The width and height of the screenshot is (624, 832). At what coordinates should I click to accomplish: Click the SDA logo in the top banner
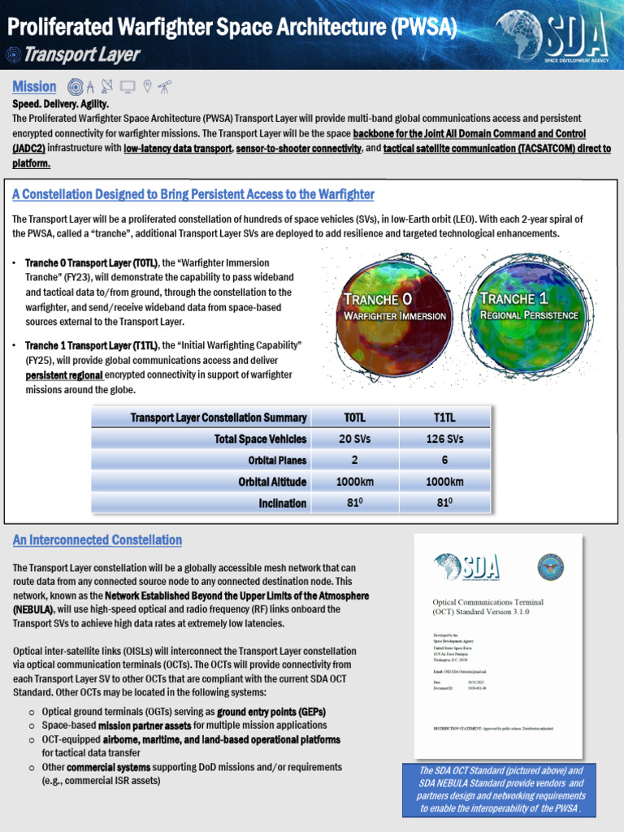coord(552,35)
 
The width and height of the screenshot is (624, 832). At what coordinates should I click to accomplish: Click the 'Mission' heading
coord(34,86)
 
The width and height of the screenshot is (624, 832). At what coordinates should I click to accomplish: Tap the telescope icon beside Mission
coord(165,86)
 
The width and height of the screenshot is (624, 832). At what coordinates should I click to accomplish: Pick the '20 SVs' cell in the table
coord(355,439)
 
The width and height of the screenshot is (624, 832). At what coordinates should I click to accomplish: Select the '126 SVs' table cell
coord(444,439)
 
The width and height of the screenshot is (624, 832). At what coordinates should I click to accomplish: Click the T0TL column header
coord(355,418)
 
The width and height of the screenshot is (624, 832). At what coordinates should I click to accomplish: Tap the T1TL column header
coord(444,418)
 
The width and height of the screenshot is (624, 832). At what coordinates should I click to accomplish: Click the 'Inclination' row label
coord(282,503)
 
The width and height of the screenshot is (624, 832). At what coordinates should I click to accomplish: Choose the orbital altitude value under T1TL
coord(444,482)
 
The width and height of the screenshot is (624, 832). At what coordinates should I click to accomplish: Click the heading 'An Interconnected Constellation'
coord(97,540)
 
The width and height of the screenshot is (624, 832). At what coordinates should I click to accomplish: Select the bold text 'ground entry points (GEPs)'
coord(271,712)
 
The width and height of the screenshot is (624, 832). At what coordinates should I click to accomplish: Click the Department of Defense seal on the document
coord(550,566)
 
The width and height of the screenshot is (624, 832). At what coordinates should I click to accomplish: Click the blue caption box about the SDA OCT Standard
coord(502,790)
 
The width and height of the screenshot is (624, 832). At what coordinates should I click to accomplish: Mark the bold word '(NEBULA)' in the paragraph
coord(33,609)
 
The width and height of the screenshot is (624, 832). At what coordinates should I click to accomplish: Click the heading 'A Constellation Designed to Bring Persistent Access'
coord(193,194)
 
